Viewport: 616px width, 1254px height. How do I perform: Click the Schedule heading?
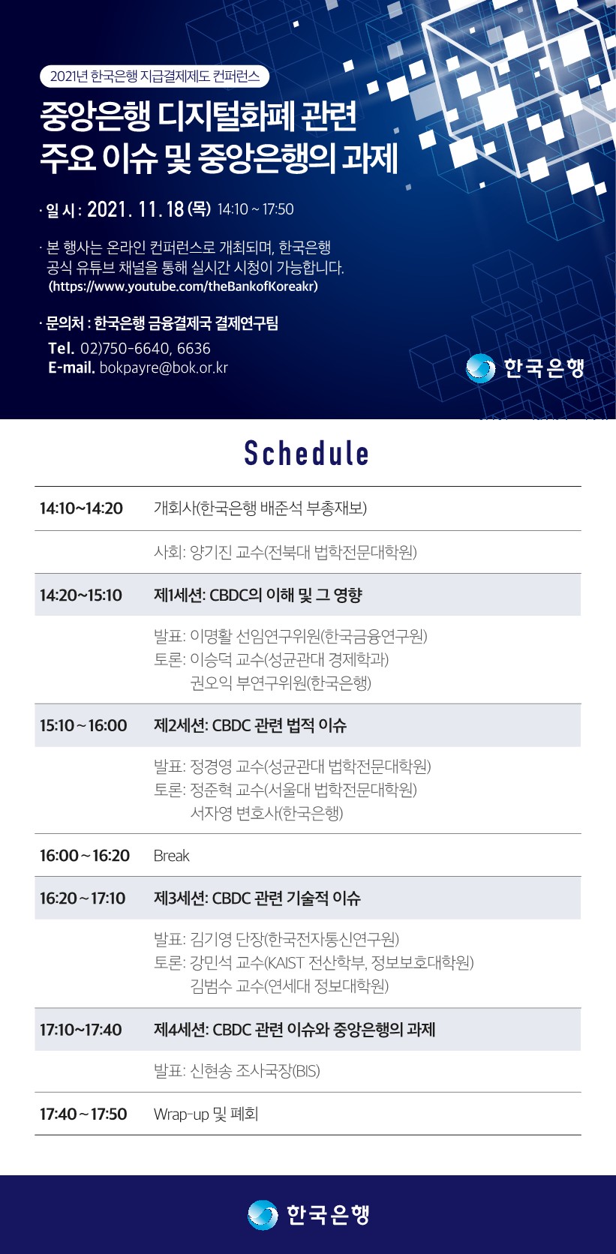click(x=306, y=454)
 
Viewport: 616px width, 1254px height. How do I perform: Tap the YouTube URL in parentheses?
click(x=183, y=286)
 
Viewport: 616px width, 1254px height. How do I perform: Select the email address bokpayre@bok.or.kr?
click(x=164, y=367)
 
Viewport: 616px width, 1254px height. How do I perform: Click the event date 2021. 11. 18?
click(x=136, y=209)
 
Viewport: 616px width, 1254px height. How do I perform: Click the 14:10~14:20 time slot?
click(x=81, y=508)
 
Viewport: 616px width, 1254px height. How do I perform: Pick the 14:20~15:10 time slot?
click(x=80, y=595)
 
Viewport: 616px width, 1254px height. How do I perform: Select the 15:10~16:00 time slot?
click(x=83, y=725)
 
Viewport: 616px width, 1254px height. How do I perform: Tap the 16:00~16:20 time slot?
click(x=85, y=856)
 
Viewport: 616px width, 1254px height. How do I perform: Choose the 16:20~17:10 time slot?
click(x=83, y=898)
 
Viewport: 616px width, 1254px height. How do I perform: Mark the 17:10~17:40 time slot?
click(x=80, y=1030)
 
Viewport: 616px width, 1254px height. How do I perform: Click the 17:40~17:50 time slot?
click(x=83, y=1114)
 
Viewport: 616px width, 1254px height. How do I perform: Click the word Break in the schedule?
click(x=171, y=856)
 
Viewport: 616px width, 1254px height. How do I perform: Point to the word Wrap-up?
click(x=181, y=1114)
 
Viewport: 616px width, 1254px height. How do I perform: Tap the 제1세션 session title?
click(x=257, y=595)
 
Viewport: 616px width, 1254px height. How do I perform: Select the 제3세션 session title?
click(x=257, y=898)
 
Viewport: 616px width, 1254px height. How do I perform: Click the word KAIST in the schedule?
click(x=286, y=963)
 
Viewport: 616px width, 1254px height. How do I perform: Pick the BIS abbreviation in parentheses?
click(x=306, y=1072)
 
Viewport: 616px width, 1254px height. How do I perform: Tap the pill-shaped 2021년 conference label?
click(x=155, y=76)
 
